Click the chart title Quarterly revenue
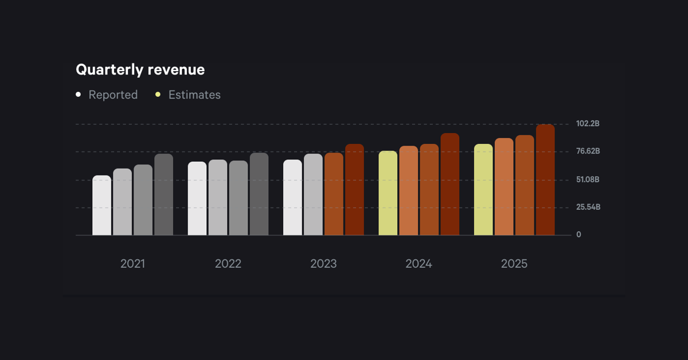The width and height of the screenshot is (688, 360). pyautogui.click(x=140, y=70)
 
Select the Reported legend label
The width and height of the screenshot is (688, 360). pyautogui.click(x=113, y=95)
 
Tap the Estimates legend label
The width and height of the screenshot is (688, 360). pyautogui.click(x=194, y=95)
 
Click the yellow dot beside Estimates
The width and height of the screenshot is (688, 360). pyautogui.click(x=158, y=95)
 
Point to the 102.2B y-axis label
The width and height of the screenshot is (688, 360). pyautogui.click(x=588, y=124)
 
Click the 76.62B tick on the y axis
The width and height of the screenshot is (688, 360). pyautogui.click(x=588, y=151)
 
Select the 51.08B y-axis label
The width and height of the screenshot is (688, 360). pyautogui.click(x=588, y=179)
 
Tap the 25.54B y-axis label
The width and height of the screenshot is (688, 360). pyautogui.click(x=588, y=207)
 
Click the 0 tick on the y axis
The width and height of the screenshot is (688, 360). pyautogui.click(x=578, y=234)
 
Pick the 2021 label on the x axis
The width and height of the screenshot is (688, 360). pyautogui.click(x=132, y=264)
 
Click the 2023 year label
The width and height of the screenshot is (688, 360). pyautogui.click(x=323, y=264)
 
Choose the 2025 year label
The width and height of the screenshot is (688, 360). pyautogui.click(x=514, y=264)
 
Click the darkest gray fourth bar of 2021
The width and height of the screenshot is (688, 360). pyautogui.click(x=163, y=194)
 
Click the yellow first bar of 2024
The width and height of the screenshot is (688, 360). pyautogui.click(x=388, y=193)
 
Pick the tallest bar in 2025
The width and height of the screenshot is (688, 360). pyautogui.click(x=545, y=180)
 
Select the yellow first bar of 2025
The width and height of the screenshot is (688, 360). pyautogui.click(x=483, y=190)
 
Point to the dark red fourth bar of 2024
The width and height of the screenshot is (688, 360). pyautogui.click(x=450, y=184)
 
